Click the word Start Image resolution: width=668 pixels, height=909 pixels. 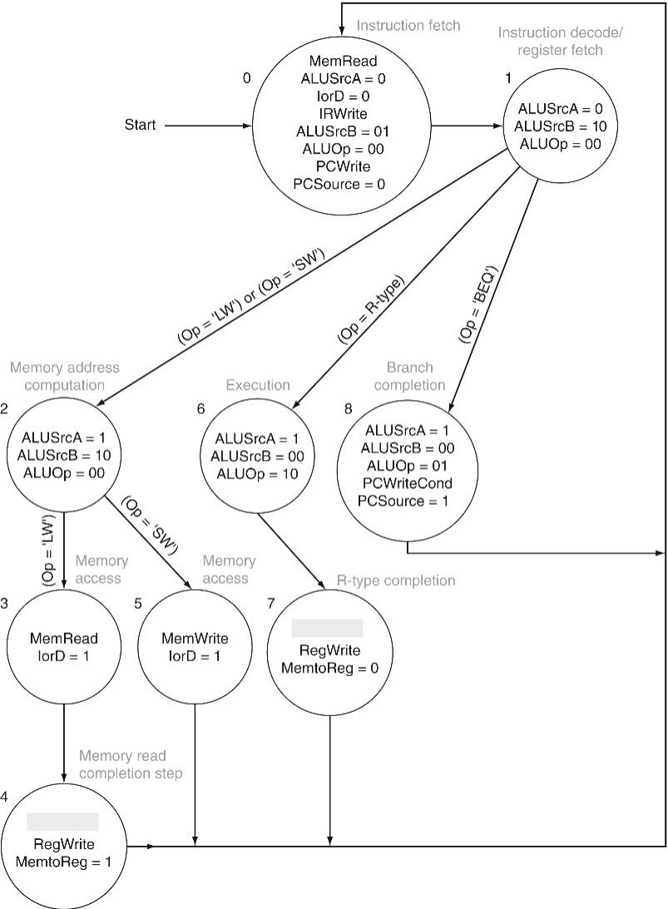coord(141,126)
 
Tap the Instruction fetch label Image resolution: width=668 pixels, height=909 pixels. coord(408,25)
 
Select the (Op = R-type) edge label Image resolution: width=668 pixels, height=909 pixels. coord(370,307)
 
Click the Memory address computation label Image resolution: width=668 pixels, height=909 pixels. coord(66,375)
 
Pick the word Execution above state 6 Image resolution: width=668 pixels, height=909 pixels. coord(258,384)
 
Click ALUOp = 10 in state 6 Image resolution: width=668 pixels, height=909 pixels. coord(258,473)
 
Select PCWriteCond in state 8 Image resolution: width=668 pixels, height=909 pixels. coord(408,482)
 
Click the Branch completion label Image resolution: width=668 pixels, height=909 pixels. coord(416,375)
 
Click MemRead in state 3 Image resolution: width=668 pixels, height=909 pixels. coord(64,639)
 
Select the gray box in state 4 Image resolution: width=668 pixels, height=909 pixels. coord(63,822)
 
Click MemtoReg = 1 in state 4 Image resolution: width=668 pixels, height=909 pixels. coord(63,862)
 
